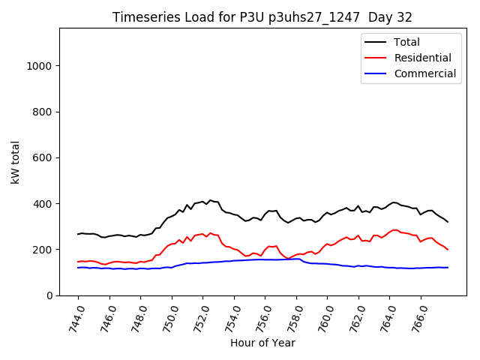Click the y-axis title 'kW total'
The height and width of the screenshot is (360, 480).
point(15,161)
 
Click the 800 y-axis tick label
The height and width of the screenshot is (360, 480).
point(42,112)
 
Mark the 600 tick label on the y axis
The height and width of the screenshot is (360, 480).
point(42,157)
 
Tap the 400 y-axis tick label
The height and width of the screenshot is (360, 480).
point(42,204)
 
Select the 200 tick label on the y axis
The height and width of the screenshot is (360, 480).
point(42,250)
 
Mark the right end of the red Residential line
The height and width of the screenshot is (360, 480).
point(448,250)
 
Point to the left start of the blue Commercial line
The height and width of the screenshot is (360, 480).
point(78,268)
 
